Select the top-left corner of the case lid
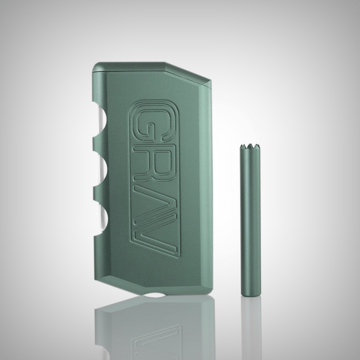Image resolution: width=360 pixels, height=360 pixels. click(x=94, y=63)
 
